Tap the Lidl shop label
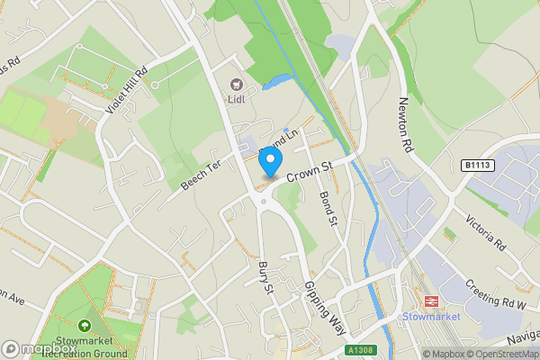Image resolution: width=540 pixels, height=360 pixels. pyautogui.click(x=238, y=99)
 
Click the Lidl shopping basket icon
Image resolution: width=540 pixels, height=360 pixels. pyautogui.click(x=238, y=84)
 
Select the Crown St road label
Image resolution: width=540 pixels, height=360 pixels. pyautogui.click(x=310, y=167)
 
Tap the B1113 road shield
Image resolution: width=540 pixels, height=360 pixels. pyautogui.click(x=479, y=165)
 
